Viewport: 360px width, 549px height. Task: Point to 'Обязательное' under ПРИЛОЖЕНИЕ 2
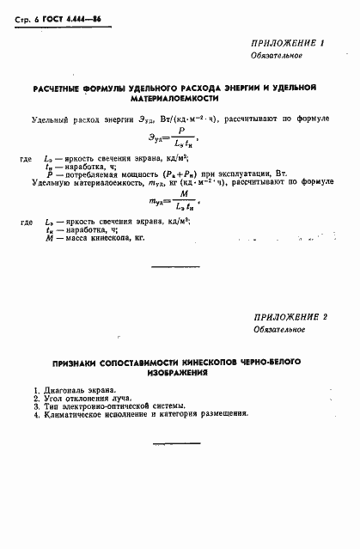pyautogui.click(x=278, y=329)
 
